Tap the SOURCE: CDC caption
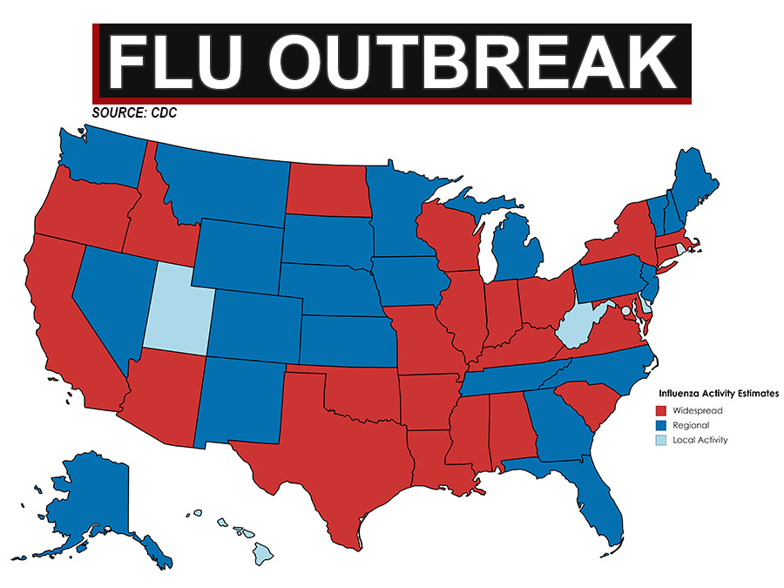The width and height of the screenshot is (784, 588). pyautogui.click(x=128, y=113)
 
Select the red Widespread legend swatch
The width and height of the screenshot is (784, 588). pyautogui.click(x=661, y=410)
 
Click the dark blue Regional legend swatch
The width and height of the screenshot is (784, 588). pyautogui.click(x=661, y=425)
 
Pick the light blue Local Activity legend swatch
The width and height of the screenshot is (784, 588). pyautogui.click(x=661, y=440)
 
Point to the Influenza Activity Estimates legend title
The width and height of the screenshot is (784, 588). pyautogui.click(x=718, y=394)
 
